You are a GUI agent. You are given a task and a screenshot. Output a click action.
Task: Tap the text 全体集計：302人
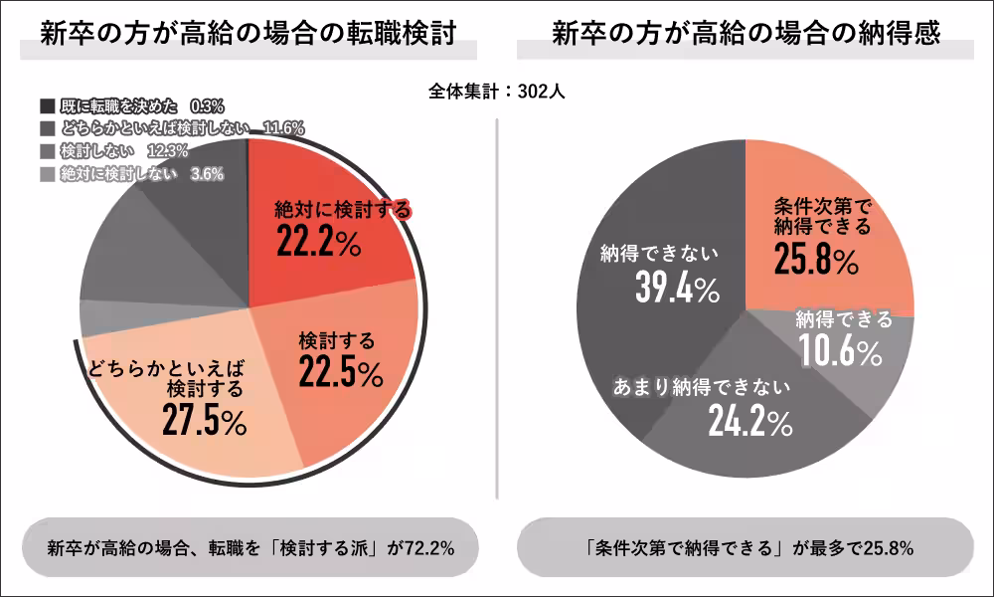coord(497,92)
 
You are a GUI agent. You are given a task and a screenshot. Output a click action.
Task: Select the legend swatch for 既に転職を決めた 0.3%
coord(47,104)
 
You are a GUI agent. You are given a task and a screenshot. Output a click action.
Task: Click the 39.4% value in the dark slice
coord(676,289)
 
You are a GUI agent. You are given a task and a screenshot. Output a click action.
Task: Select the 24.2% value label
coord(749,422)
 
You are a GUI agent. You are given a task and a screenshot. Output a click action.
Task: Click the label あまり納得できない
coord(701,387)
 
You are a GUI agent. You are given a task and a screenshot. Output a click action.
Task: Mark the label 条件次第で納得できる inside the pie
coord(821,217)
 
